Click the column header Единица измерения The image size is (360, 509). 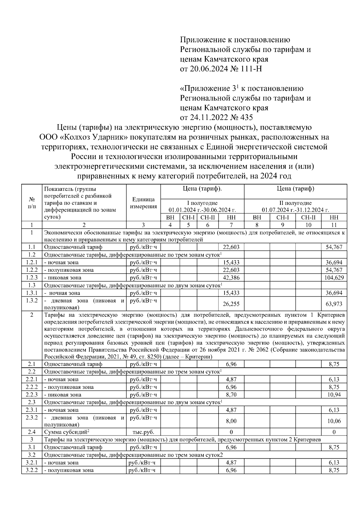coord(143,203)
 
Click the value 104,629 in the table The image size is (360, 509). coord(334,278)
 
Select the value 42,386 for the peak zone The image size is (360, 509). coord(231,278)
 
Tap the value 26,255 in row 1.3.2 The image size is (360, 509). coord(231,304)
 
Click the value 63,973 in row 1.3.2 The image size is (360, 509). coord(334,304)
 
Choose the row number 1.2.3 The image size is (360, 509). coord(31,278)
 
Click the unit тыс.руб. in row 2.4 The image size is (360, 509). coord(143,432)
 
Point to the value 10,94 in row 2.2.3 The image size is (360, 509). coord(334,395)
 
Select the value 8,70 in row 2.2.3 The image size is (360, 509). coord(231,395)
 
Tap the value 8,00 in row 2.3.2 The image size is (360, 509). coord(231,421)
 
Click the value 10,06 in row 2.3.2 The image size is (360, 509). coord(334,421)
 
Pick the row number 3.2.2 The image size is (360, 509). coord(31,470)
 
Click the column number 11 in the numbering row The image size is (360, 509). coord(334,225)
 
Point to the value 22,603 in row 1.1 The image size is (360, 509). coord(231,247)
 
